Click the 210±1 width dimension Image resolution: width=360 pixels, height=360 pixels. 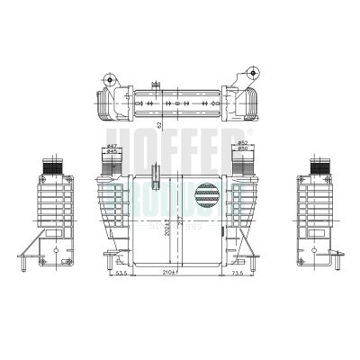167,271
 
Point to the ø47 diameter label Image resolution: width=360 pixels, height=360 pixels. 112,146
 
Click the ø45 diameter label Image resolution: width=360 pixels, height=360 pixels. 112,152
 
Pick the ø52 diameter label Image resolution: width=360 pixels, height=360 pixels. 242,143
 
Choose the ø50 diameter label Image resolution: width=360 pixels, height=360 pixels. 242,149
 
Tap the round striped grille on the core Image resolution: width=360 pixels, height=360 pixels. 207,196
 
